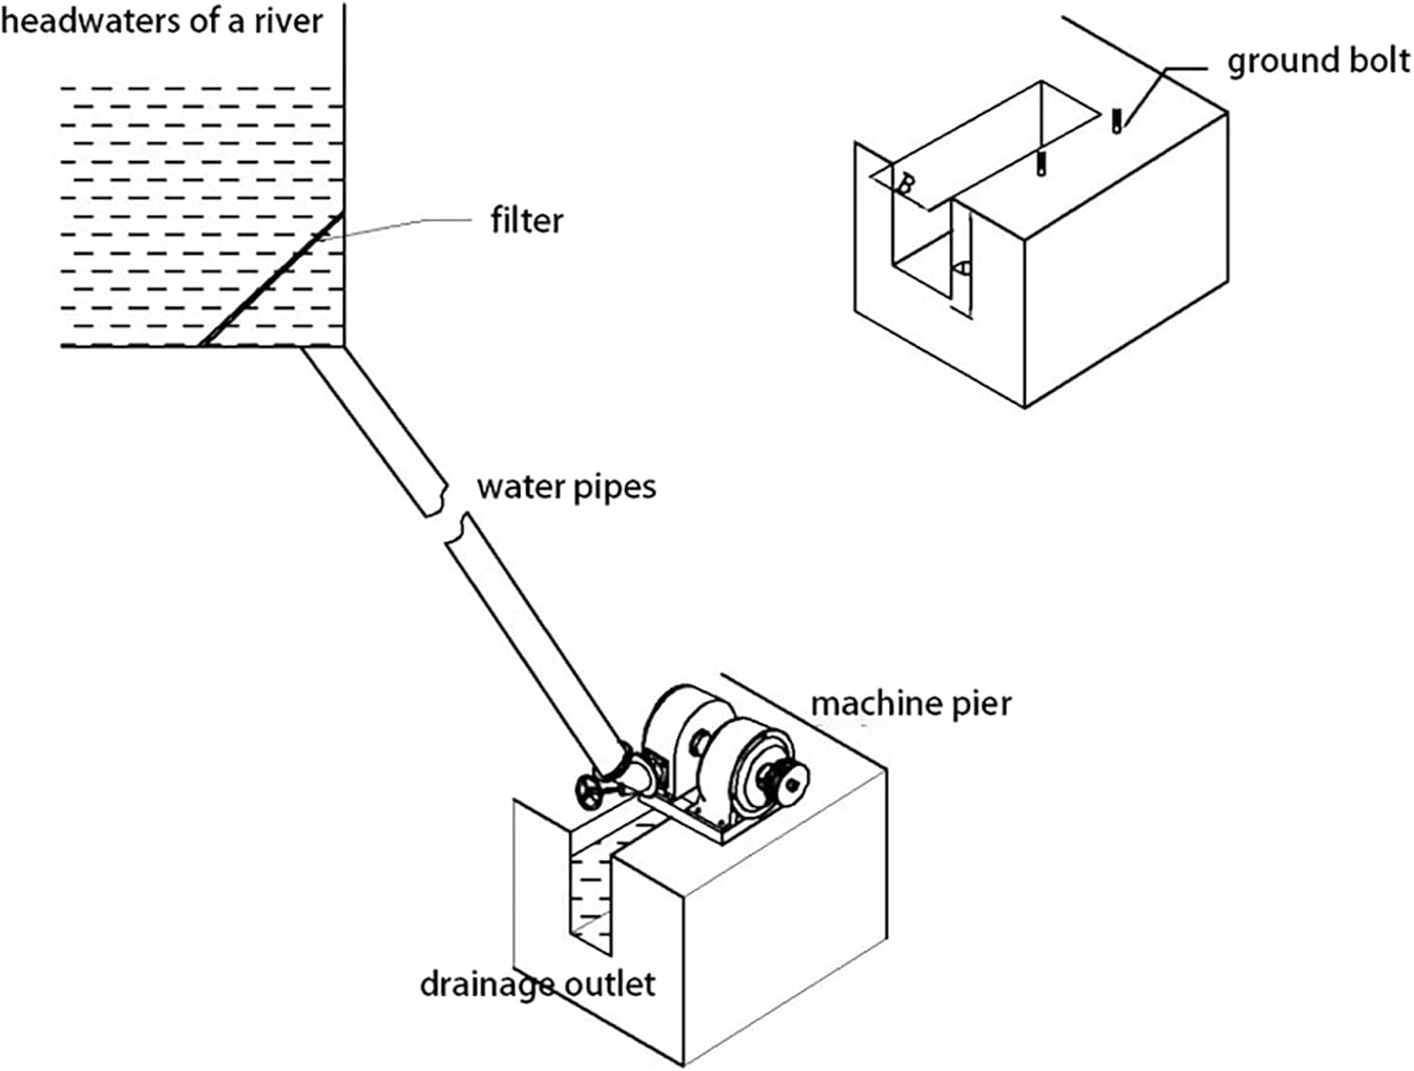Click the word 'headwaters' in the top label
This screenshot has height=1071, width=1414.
pyautogui.click(x=90, y=22)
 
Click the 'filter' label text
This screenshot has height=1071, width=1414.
pyautogui.click(x=526, y=221)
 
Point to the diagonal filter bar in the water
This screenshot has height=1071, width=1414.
pyautogui.click(x=270, y=280)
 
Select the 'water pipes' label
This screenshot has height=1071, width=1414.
pyautogui.click(x=567, y=487)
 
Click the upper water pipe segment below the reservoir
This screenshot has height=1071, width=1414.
pyautogui.click(x=375, y=431)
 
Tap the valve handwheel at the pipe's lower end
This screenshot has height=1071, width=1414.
pyautogui.click(x=589, y=794)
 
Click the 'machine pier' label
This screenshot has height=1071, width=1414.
pyautogui.click(x=911, y=704)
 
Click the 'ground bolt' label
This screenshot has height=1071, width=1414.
pyautogui.click(x=1318, y=62)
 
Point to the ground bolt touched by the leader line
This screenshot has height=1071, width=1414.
pyautogui.click(x=1117, y=121)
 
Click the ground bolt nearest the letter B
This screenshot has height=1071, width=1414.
pyautogui.click(x=1041, y=164)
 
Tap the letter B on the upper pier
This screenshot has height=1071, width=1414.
pyautogui.click(x=905, y=185)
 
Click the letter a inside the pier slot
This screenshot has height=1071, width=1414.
pyautogui.click(x=962, y=267)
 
